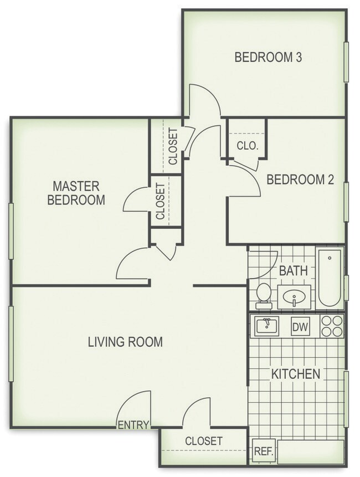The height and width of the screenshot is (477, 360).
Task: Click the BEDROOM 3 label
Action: [268, 57]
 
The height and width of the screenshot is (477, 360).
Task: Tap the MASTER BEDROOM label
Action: [76, 192]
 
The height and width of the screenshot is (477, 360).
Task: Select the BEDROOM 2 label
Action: [301, 179]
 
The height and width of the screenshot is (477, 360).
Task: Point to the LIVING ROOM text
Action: [125, 342]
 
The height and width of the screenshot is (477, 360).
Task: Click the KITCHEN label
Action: [295, 373]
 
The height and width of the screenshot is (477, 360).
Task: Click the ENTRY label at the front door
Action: [133, 425]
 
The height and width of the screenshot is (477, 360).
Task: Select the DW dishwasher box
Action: [300, 327]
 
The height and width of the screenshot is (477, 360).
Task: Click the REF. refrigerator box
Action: [263, 450]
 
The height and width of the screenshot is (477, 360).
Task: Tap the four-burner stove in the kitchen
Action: [331, 326]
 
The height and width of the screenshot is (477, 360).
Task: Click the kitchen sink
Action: [267, 326]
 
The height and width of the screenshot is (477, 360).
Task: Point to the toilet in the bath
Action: [264, 295]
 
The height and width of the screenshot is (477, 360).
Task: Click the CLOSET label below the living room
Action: [203, 441]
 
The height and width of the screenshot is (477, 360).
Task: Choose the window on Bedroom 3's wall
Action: [346, 62]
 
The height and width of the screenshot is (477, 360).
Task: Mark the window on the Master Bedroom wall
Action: [11, 231]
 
